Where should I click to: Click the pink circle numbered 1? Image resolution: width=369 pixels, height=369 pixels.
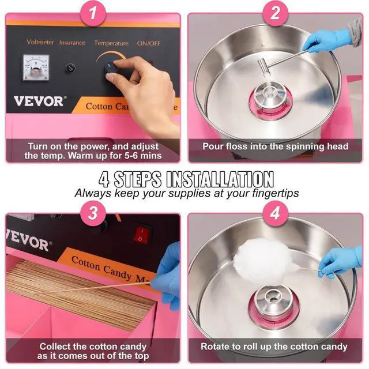(x=93, y=13)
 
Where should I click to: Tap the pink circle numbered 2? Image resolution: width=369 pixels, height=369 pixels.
(x=276, y=13)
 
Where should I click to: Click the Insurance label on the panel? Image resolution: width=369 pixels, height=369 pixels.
(x=72, y=43)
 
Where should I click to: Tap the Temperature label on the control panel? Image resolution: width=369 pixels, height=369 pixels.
(x=111, y=43)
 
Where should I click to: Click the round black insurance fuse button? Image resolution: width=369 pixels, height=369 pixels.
(x=71, y=68)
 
